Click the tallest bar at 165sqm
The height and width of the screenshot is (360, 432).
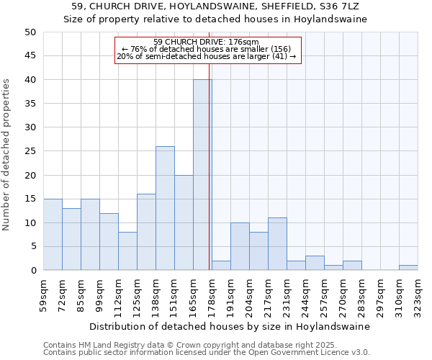(x=202, y=175)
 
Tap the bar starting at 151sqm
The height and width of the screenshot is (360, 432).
(x=184, y=222)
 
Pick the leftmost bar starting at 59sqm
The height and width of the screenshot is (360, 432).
(x=53, y=235)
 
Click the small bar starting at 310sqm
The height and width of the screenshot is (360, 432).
(x=408, y=268)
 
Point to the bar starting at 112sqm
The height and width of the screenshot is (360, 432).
(x=127, y=251)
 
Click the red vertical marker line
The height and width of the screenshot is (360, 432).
(x=210, y=144)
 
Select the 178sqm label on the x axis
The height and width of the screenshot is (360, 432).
(x=212, y=294)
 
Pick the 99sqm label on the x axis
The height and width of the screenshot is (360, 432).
(x=99, y=294)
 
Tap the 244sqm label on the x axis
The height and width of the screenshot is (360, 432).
(x=305, y=294)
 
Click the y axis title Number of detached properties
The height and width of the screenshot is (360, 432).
(x=7, y=155)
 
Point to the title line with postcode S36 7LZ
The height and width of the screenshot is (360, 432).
(x=215, y=6)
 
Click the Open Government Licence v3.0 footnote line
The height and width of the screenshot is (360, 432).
(x=207, y=353)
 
